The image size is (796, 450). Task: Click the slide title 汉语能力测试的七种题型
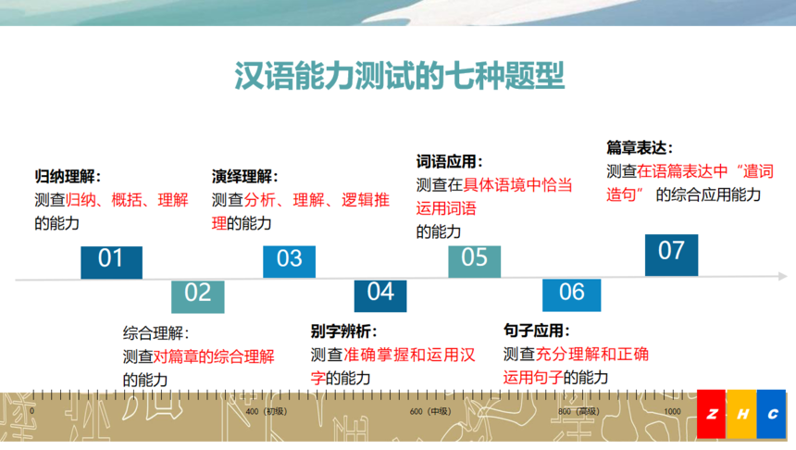400,76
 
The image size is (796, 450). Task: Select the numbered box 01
111,262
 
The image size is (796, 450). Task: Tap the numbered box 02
197,296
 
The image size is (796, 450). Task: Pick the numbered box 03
289,261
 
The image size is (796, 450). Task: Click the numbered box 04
380,295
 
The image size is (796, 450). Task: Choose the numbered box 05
474,261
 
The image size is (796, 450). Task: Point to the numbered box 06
572,295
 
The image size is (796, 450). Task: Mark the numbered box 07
671,255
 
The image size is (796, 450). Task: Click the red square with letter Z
711,414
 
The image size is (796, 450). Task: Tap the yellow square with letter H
741,414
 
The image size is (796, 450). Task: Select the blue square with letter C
771,414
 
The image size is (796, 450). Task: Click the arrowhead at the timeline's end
783,276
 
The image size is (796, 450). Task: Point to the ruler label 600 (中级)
430,411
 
